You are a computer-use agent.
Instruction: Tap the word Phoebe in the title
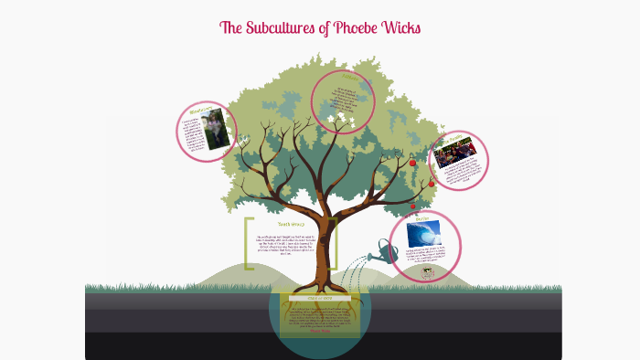tap(362, 28)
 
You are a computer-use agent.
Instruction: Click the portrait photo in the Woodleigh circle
tap(216, 131)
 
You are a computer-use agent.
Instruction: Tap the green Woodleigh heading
tap(201, 112)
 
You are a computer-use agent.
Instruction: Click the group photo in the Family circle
tap(454, 153)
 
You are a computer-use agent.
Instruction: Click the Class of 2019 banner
tap(320, 298)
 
